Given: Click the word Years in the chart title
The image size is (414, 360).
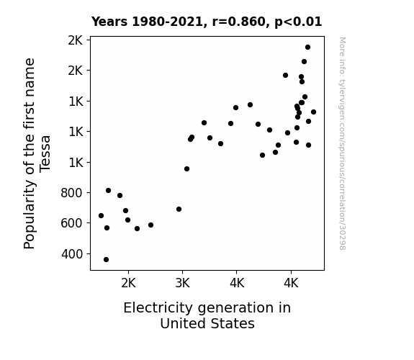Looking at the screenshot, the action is (x=109, y=22).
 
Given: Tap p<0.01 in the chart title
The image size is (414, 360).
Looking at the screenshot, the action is (x=298, y=22).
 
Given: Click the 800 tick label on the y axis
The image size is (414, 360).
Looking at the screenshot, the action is (x=71, y=193).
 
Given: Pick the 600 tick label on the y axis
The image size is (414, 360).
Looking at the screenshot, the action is (x=71, y=223).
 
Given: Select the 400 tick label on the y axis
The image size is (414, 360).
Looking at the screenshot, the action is (x=72, y=254).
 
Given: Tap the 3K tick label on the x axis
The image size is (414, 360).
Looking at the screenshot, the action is (x=182, y=283).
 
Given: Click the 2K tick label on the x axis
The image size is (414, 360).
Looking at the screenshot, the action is (x=128, y=283).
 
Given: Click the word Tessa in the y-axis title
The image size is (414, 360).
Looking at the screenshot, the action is (x=45, y=154).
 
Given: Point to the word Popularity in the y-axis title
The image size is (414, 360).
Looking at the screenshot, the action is (x=29, y=215).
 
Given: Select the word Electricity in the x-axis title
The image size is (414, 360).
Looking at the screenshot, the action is (x=158, y=307).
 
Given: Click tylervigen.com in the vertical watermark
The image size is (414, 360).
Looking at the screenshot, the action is (x=342, y=104).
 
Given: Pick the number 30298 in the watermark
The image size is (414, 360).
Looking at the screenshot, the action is (x=342, y=237).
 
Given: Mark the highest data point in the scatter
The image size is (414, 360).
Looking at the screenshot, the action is (x=307, y=48).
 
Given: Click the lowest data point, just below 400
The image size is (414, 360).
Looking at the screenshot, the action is (x=106, y=260).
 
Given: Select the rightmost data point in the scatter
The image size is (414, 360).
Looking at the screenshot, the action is (x=313, y=112).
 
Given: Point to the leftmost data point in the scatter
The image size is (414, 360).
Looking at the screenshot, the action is (x=101, y=215).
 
